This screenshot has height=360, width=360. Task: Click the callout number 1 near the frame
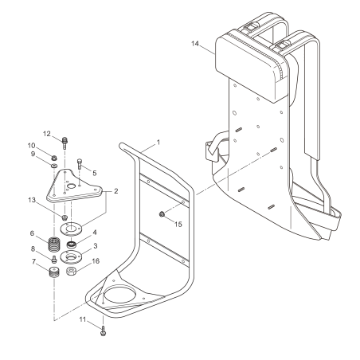coord(158,142)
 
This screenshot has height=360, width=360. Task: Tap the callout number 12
coord(47,133)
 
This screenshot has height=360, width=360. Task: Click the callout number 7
coord(33,261)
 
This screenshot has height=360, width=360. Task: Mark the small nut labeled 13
coord(65,217)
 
